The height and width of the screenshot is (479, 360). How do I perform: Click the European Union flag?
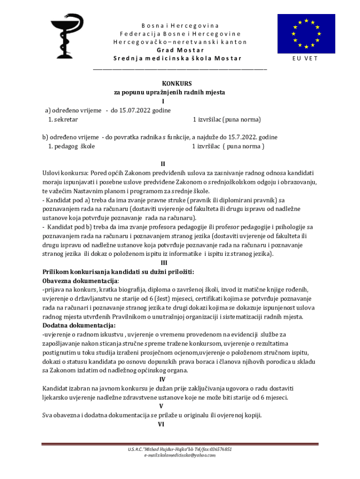tap(306, 34)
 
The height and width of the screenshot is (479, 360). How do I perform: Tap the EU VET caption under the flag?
tap(305, 58)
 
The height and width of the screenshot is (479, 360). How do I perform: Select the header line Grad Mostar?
tap(180, 50)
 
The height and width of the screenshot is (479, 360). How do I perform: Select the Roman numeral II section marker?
tap(163, 164)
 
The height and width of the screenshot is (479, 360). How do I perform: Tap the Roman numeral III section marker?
tap(164, 263)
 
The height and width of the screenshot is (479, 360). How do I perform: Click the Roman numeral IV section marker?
tap(162, 379)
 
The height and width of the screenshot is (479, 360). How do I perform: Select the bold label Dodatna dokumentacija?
tap(79, 325)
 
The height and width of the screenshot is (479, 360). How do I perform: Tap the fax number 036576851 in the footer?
tap(219, 449)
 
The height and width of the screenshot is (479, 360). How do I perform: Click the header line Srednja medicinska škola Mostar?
tap(178, 58)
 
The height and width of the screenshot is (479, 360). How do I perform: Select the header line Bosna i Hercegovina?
tap(180, 25)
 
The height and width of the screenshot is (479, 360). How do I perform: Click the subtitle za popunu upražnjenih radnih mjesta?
tap(170, 92)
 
